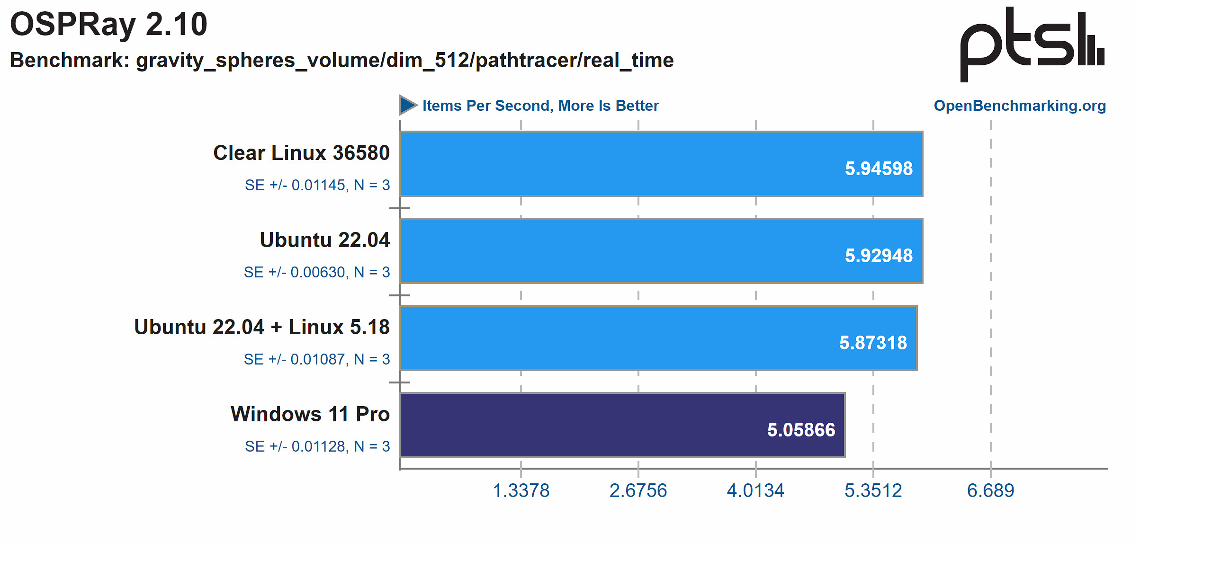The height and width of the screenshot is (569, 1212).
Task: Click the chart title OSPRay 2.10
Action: tap(108, 25)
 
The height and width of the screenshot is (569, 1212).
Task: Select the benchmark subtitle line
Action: tap(341, 61)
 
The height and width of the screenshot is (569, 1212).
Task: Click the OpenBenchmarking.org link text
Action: tap(1019, 106)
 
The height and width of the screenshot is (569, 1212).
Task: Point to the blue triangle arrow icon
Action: tap(407, 105)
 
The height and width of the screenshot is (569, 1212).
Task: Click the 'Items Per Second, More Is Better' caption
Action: tap(540, 106)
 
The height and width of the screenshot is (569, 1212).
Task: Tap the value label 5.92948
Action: tap(879, 256)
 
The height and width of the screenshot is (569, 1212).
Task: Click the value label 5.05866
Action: tap(801, 430)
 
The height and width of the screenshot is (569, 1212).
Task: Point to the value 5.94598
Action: tap(879, 169)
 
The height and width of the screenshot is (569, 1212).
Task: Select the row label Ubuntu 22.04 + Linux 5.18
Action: tap(262, 327)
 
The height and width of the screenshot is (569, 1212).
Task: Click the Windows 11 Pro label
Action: tap(310, 414)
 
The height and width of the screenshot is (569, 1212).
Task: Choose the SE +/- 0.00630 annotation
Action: tap(317, 272)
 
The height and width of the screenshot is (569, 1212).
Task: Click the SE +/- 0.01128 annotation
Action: tap(317, 446)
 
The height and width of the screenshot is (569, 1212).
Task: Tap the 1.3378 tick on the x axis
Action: tap(521, 491)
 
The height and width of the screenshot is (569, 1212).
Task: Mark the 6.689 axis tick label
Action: tap(990, 491)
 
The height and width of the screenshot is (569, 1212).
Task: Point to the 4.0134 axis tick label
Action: tap(755, 491)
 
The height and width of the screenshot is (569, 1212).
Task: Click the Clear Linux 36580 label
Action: tap(301, 153)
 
